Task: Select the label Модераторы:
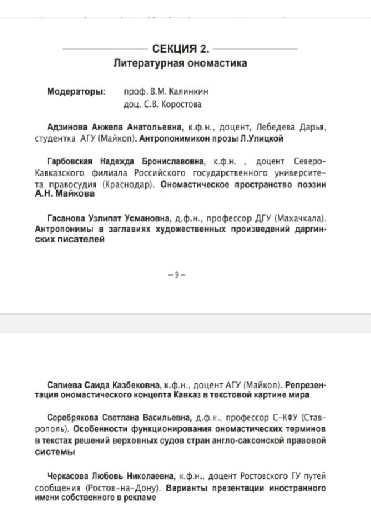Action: click(x=76, y=92)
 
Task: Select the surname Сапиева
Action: click(x=66, y=383)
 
